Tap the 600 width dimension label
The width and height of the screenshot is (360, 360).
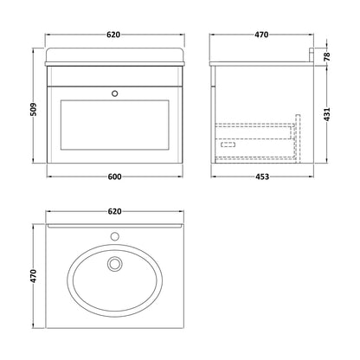[x=115, y=177]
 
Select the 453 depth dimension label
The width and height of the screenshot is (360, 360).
[x=262, y=177]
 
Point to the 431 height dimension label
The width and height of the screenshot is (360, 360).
[x=326, y=114]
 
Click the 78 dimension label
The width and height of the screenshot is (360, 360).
[x=326, y=56]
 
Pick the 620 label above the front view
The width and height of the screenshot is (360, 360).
[x=113, y=35]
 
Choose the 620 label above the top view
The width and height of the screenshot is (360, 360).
[x=114, y=211]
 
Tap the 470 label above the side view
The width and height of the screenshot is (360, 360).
[x=261, y=35]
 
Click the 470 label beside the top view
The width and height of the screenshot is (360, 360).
[x=34, y=276]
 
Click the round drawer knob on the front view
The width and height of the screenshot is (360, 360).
[x=115, y=93]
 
